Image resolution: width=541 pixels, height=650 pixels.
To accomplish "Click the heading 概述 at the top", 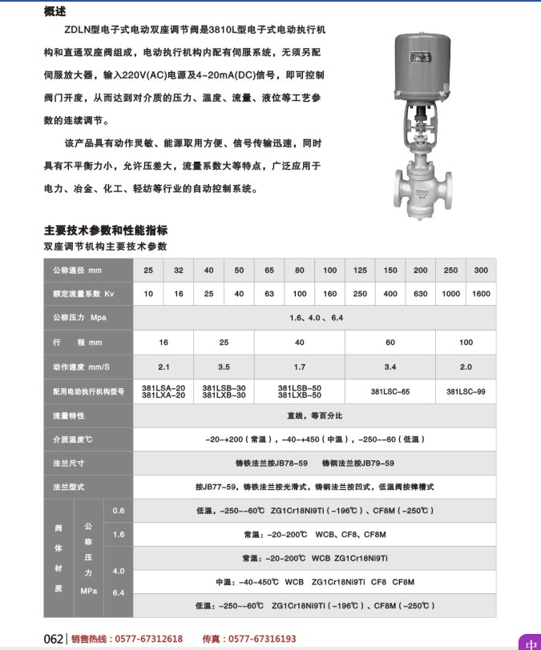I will click(55, 11).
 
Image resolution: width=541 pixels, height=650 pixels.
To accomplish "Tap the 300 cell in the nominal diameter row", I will click(481, 271).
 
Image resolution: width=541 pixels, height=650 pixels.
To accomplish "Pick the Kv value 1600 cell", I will click(481, 294).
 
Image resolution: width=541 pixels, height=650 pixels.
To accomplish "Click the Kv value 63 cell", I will click(269, 294).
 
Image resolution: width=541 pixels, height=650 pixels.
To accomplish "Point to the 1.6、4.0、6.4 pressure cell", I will click(315, 318).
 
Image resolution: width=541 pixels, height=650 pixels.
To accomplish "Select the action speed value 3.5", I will click(224, 367).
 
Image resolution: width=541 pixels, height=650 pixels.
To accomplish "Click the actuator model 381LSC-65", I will click(390, 392).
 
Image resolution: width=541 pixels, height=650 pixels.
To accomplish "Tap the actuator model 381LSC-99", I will click(466, 392).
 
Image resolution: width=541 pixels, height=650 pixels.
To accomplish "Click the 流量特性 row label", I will click(69, 416).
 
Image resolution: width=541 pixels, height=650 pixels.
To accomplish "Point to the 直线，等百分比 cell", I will click(315, 416).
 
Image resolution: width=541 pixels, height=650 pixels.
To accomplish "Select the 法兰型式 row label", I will click(69, 487).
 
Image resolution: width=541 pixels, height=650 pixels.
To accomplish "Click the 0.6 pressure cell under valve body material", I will click(119, 511).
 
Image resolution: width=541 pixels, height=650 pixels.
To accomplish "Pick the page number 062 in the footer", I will click(53, 639).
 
